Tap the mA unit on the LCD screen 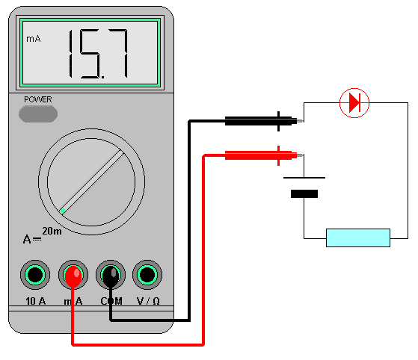coord(34,38)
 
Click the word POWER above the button coord(38,99)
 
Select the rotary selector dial coord(92,179)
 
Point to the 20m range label coord(52,231)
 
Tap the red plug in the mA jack coord(73,276)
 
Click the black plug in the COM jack coord(111,276)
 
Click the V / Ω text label coord(147,302)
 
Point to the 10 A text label coord(34,302)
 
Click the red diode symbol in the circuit coord(354,102)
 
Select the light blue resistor coord(358,238)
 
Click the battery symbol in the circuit coord(304,186)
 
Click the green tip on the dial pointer coord(63,211)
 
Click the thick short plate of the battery coord(304,193)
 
